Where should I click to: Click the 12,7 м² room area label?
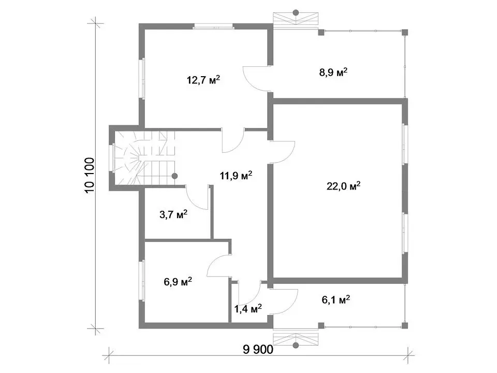tap(203, 80)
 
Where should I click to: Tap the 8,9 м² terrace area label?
tap(333, 73)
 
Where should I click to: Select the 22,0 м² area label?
tap(344, 186)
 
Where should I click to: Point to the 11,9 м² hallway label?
tap(236, 175)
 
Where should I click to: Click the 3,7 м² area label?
tap(173, 214)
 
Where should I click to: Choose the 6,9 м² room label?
tap(178, 281)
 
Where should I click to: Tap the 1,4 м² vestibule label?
tap(248, 308)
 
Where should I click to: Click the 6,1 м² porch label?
tap(336, 299)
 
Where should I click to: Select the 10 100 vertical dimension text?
tap(90, 176)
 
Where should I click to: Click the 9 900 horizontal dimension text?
tap(258, 350)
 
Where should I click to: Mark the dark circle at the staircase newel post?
tap(174, 176)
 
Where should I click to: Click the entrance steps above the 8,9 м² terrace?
tap(296, 19)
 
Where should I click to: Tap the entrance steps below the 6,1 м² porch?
tap(296, 339)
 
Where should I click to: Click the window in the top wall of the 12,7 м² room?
tap(213, 26)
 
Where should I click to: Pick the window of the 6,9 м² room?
tap(142, 280)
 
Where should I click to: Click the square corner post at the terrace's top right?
tap(405, 32)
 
